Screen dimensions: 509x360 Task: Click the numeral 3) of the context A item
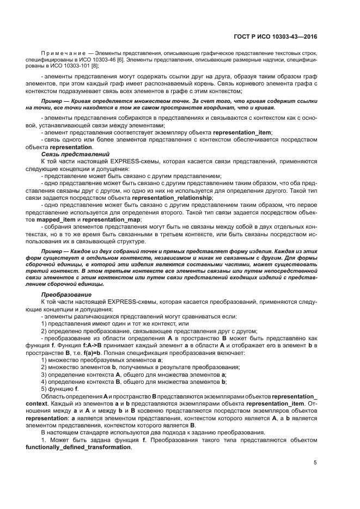44,374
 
